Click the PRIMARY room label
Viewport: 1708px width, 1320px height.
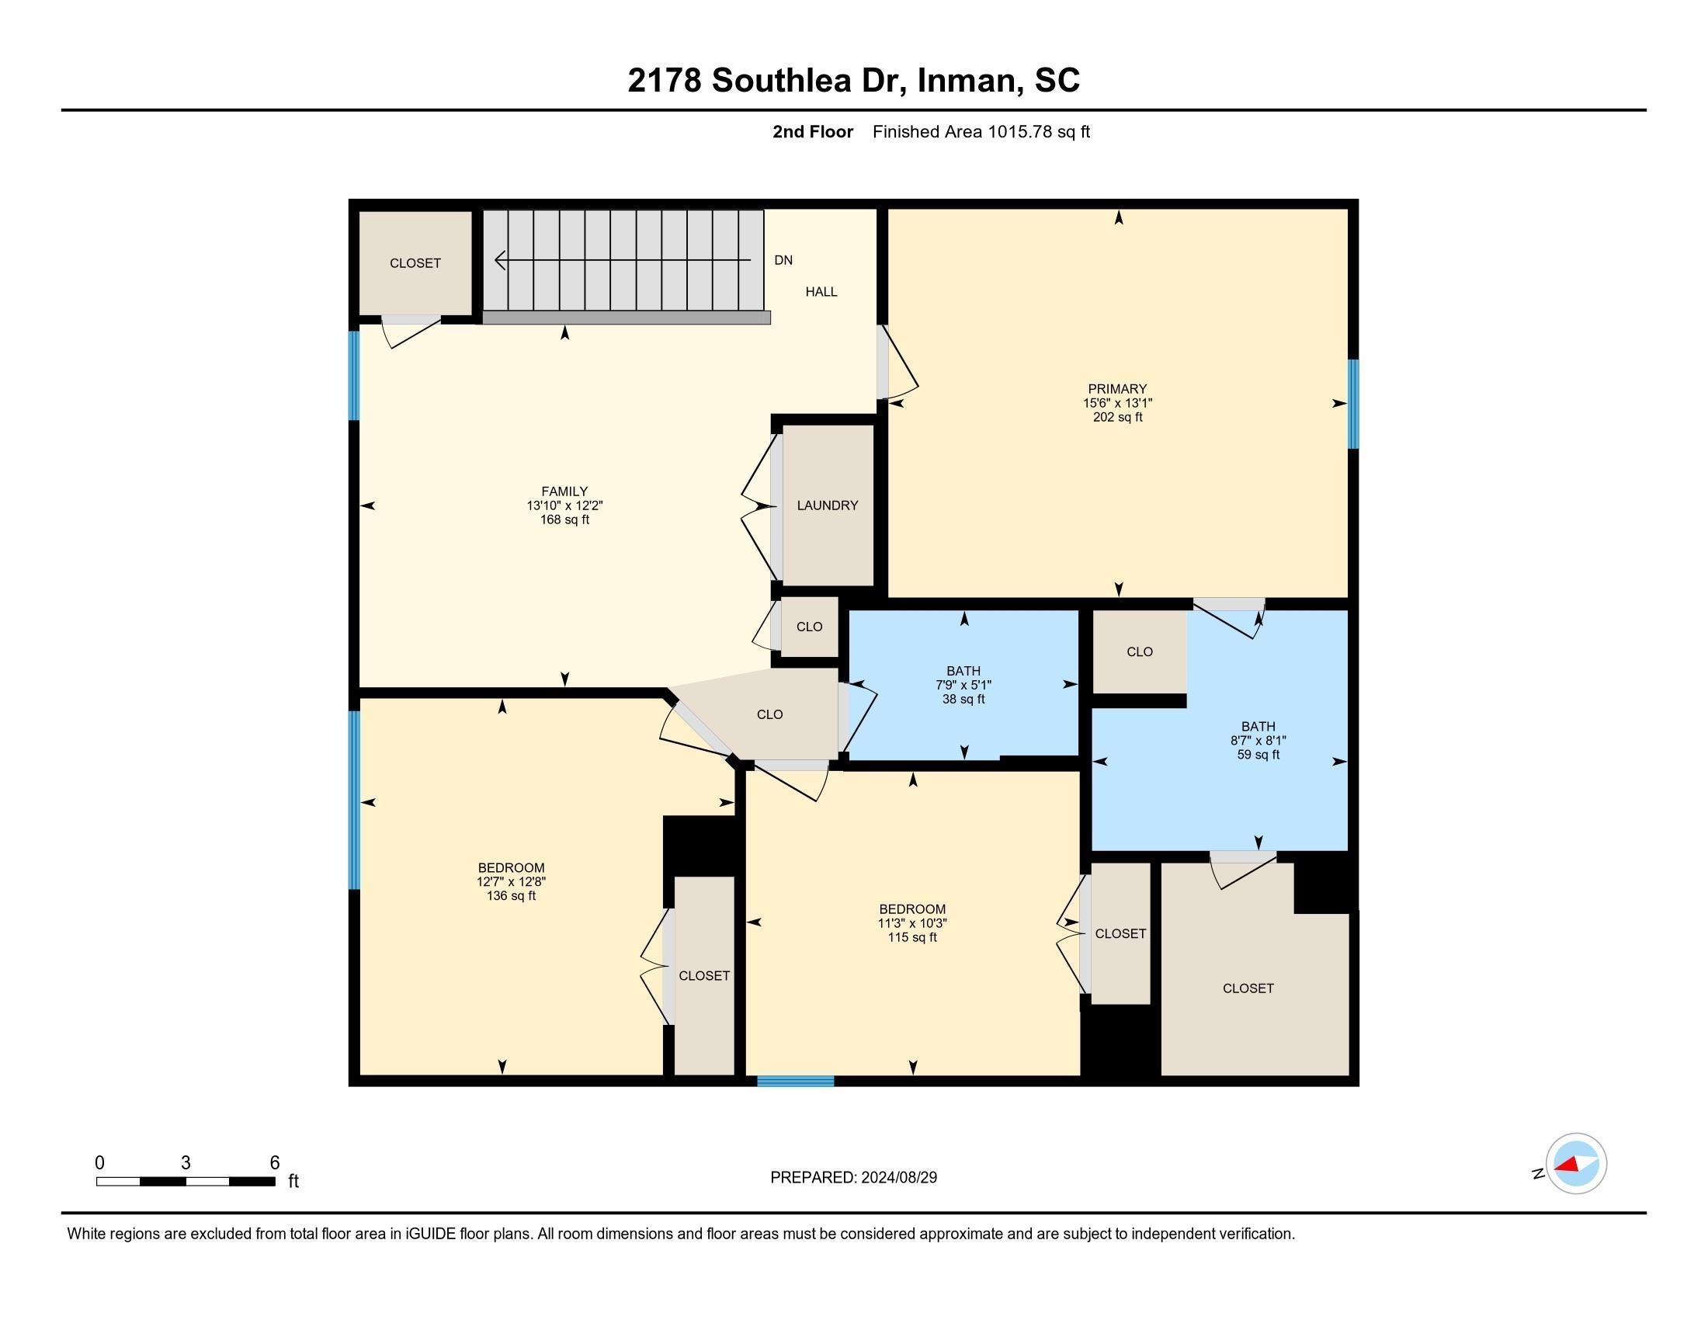(1116, 389)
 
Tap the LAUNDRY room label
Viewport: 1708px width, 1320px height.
(828, 506)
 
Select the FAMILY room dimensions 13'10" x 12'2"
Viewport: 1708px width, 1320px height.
(564, 506)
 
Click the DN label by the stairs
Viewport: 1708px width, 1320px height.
(783, 260)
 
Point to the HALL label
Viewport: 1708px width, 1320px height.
(821, 292)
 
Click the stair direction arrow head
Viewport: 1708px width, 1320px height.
(500, 259)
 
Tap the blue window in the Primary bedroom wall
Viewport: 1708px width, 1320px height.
(1353, 404)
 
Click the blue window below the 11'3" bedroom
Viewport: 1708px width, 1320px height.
(795, 1082)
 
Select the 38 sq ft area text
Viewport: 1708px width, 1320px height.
(963, 699)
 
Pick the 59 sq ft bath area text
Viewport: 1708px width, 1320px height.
(1258, 755)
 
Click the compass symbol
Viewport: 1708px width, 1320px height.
(1575, 1164)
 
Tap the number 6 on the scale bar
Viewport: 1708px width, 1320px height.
(275, 1163)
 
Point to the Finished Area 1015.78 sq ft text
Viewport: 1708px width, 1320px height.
(981, 132)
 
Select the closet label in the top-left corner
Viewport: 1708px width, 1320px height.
(415, 263)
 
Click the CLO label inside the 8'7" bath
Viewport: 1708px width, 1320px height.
(1140, 651)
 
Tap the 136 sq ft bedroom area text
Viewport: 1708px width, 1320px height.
(511, 895)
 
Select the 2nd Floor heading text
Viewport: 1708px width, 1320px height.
(812, 132)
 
